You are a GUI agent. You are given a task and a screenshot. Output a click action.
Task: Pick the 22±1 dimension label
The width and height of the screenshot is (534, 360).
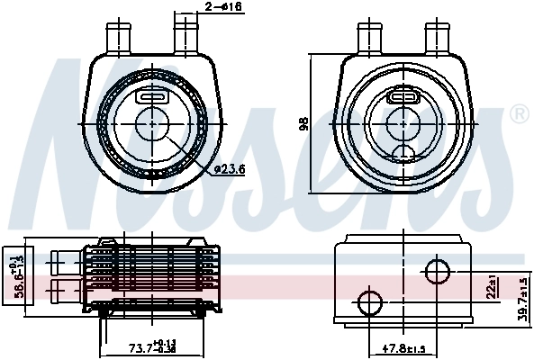492,288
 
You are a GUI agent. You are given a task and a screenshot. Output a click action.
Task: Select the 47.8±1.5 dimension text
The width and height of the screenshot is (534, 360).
406,348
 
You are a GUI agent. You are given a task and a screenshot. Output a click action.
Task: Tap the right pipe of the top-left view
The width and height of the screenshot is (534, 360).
186,38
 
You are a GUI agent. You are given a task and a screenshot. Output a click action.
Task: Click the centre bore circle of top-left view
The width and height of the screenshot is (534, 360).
150,122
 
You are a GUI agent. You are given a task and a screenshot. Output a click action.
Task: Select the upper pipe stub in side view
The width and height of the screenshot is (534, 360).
65,262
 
